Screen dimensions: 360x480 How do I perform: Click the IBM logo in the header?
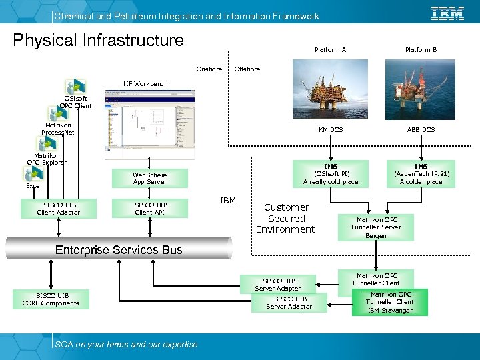pyautogui.click(x=447, y=13)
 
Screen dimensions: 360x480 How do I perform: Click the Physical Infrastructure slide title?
pyautogui.click(x=99, y=41)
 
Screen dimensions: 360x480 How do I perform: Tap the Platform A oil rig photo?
pyautogui.click(x=331, y=86)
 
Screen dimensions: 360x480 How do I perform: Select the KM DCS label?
pyautogui.click(x=331, y=129)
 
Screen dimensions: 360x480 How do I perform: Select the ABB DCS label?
pyautogui.click(x=421, y=129)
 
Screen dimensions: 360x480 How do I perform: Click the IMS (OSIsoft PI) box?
pyautogui.click(x=331, y=173)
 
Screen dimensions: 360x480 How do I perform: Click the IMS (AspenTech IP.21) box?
pyautogui.click(x=421, y=173)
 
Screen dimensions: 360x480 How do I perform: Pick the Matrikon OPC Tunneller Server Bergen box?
pyautogui.click(x=376, y=227)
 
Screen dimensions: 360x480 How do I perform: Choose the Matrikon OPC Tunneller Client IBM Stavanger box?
pyautogui.click(x=391, y=302)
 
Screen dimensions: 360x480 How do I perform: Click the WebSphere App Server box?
pyautogui.click(x=150, y=178)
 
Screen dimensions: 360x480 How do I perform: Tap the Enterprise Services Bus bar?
pyautogui.click(x=119, y=250)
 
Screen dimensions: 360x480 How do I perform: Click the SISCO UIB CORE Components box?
pyautogui.click(x=51, y=299)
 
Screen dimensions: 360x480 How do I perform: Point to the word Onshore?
pyautogui.click(x=209, y=69)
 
